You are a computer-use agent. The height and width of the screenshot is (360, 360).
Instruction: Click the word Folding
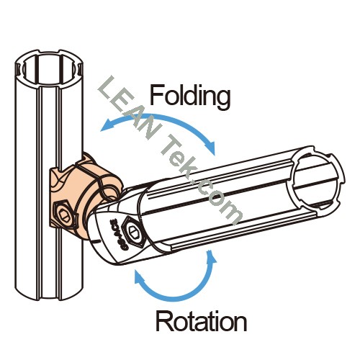[190, 96]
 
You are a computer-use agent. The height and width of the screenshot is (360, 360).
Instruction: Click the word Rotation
[201, 320]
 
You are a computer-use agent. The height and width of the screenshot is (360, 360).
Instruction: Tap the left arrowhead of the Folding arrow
[107, 125]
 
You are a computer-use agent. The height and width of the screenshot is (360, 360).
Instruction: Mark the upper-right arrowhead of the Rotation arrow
[211, 258]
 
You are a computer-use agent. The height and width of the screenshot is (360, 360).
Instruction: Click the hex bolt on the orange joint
[63, 214]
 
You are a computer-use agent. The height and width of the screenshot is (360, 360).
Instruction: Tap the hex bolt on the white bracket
[133, 231]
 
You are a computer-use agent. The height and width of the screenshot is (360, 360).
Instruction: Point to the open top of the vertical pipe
[49, 68]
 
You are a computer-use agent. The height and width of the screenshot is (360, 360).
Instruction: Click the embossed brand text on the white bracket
[117, 231]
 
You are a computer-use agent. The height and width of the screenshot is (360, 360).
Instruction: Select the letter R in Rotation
[164, 320]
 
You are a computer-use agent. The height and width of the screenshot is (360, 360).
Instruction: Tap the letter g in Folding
[222, 99]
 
